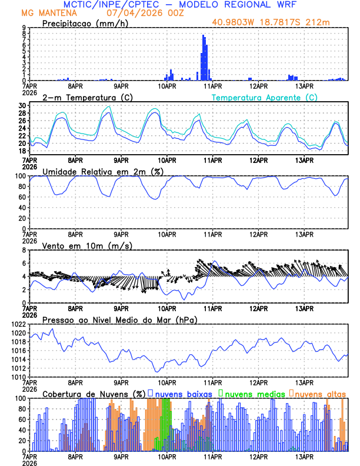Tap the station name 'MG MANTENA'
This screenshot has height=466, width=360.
[45, 12]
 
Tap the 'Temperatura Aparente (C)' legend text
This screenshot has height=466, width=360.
[265, 97]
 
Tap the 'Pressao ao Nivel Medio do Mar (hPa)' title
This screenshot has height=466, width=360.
[120, 319]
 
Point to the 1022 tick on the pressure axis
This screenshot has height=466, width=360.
[17, 324]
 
